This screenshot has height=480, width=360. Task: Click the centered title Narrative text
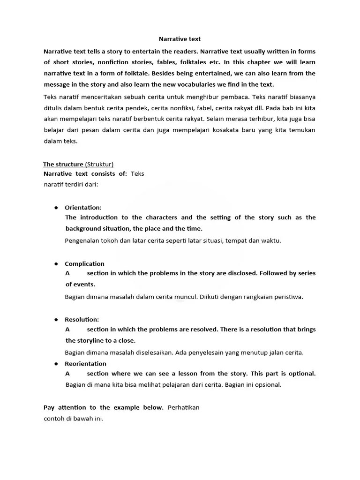coord(180,39)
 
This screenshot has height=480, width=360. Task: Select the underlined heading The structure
coord(63,164)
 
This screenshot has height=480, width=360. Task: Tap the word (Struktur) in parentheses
coord(99,164)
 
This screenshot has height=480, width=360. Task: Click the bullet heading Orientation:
coord(83,207)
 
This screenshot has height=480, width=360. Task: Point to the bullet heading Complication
coord(84,263)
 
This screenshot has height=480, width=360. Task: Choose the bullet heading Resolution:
coord(82,320)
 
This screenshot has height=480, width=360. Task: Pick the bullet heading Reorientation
coord(85,363)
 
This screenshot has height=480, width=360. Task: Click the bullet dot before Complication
coord(56,263)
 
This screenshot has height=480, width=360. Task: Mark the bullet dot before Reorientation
coord(56,363)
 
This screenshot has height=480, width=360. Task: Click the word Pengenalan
coord(83,240)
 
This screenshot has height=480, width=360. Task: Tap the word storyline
coord(92,340)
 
